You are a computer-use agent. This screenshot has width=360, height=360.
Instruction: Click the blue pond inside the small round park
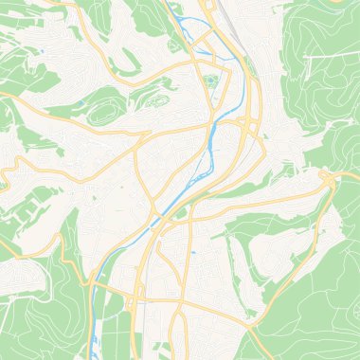click(x=211, y=81)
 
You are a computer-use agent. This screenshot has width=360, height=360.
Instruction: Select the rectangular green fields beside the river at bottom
click(x=114, y=327)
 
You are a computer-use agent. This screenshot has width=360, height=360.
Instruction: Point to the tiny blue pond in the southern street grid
click(x=192, y=253)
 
